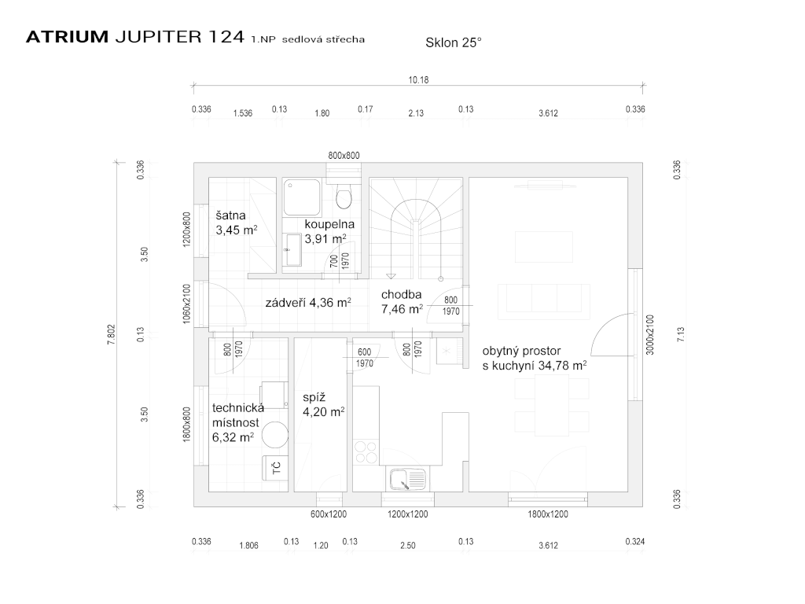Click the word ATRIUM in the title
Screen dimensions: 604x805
(68, 38)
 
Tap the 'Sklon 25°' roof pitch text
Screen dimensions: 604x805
(453, 44)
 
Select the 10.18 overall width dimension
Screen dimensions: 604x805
(418, 79)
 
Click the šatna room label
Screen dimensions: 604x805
(232, 215)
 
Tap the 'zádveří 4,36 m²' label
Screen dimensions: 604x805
(308, 301)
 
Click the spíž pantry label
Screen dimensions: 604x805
(314, 397)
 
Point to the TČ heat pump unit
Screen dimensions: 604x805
(275, 468)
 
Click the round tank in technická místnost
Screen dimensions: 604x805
(275, 435)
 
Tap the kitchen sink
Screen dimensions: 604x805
(406, 477)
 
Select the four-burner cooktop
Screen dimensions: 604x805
(366, 451)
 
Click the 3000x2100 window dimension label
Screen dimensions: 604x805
(650, 335)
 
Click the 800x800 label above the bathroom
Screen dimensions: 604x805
(344, 156)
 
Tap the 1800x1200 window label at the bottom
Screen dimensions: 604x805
(548, 514)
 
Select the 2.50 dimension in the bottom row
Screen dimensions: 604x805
(407, 545)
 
